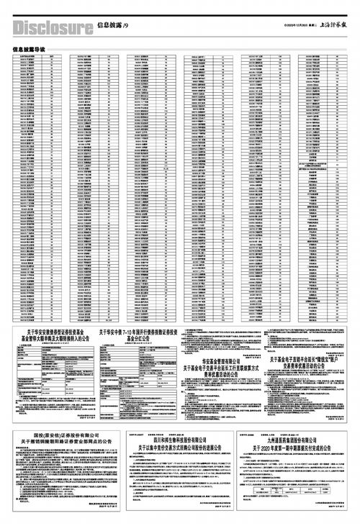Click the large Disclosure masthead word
click(53, 27)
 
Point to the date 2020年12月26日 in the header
click(292, 27)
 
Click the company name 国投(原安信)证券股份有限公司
click(63, 437)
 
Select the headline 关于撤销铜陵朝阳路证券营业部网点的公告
click(63, 443)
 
